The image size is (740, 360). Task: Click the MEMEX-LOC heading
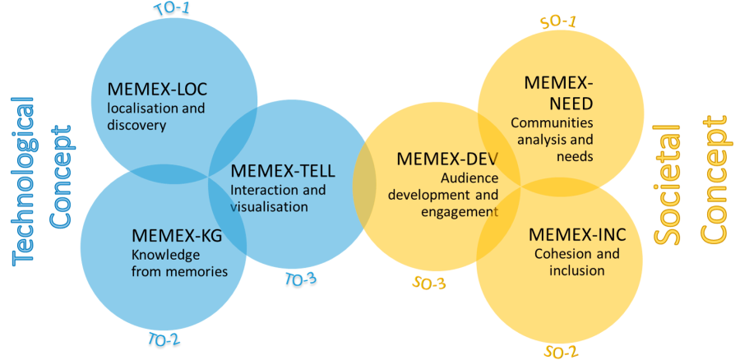point(158,89)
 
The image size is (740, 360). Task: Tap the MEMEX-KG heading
point(177,237)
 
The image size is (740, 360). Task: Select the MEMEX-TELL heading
point(283,172)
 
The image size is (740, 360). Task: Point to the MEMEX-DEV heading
point(447,159)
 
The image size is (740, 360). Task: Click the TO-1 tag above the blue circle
point(173,10)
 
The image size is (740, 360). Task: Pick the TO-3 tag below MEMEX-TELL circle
point(301,281)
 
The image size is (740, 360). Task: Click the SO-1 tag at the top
point(557,21)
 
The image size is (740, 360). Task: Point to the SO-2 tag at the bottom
point(561,352)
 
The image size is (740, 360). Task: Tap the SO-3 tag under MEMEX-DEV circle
point(428,284)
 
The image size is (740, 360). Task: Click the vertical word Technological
point(24,181)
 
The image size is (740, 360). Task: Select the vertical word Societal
point(667,184)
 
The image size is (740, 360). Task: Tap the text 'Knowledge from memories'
point(178,263)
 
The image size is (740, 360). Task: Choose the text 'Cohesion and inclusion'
point(576,262)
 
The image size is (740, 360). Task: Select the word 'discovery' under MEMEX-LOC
point(137,125)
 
